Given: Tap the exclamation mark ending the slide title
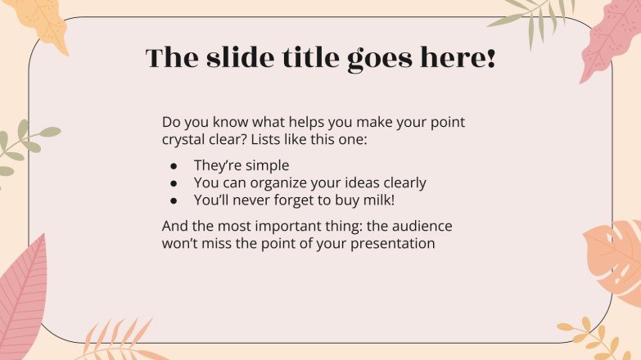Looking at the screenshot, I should pos(490,58).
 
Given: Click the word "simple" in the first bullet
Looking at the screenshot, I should pos(267,166).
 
